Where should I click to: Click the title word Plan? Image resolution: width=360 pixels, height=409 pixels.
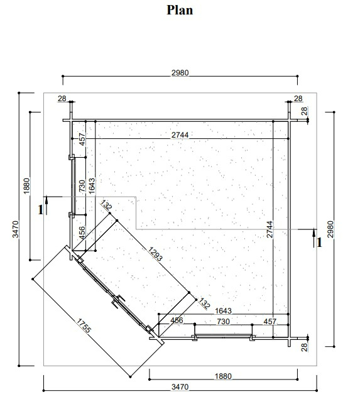(x=180, y=10)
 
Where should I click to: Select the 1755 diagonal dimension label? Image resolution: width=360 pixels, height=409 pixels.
(x=84, y=326)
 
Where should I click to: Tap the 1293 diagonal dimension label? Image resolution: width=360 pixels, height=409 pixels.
(x=155, y=254)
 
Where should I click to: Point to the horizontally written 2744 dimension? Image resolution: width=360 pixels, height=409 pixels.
(x=180, y=134)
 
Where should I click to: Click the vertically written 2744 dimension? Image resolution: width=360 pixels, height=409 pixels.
(x=270, y=229)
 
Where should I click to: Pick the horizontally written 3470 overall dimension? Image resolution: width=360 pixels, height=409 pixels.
(x=180, y=386)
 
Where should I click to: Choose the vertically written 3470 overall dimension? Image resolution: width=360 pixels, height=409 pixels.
(x=16, y=229)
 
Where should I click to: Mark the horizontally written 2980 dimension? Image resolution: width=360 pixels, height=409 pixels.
(x=180, y=72)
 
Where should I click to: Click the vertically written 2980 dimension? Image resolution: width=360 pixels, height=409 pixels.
(x=330, y=229)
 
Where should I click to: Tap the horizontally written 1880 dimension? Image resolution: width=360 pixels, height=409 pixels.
(x=223, y=376)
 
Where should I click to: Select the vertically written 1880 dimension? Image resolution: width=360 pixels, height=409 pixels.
(x=26, y=186)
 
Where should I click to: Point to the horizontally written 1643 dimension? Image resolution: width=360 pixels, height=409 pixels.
(x=223, y=310)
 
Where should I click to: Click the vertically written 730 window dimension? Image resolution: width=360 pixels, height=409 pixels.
(x=82, y=186)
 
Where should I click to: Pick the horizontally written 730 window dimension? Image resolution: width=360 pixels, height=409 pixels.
(x=223, y=322)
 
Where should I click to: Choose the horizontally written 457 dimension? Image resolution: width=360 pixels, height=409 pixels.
(x=270, y=322)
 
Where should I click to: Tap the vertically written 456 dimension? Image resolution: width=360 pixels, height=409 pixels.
(x=82, y=232)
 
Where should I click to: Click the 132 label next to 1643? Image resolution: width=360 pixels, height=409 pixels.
(x=204, y=303)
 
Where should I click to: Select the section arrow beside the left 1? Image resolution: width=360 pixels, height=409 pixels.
(x=46, y=205)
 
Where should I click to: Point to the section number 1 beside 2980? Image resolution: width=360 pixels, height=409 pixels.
(x=319, y=243)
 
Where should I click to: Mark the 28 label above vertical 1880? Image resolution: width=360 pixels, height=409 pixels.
(x=62, y=99)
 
